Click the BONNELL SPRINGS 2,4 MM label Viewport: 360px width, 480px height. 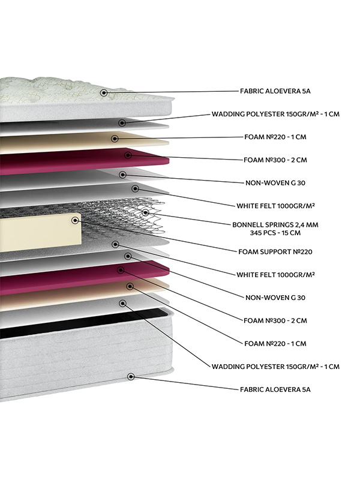[275, 224]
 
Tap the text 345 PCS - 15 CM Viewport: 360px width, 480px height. [275, 233]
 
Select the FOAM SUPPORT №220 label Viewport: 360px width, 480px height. [275, 251]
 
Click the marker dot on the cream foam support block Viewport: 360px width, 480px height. [74, 220]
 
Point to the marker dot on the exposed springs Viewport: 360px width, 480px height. [145, 212]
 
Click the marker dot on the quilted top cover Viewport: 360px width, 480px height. [104, 92]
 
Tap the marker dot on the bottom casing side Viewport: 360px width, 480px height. [131, 377]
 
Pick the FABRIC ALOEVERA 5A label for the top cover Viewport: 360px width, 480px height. [275, 91]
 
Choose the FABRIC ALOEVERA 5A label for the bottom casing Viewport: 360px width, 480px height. [275, 389]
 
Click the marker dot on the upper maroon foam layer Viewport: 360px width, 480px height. [128, 155]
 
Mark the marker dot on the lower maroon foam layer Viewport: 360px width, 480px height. [121, 270]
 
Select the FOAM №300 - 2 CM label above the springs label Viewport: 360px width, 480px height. [275, 160]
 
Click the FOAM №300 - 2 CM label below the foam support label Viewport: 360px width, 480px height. [275, 320]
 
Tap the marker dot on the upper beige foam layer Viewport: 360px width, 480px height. [115, 139]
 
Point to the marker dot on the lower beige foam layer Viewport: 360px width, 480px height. [130, 287]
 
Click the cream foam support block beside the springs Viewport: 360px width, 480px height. [40, 232]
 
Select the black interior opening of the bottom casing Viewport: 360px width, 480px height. [83, 322]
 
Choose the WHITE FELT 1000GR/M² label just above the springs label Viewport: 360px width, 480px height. [275, 206]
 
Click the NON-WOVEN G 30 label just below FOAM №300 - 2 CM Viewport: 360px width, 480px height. [275, 183]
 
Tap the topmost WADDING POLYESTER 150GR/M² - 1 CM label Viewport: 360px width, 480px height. [275, 114]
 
